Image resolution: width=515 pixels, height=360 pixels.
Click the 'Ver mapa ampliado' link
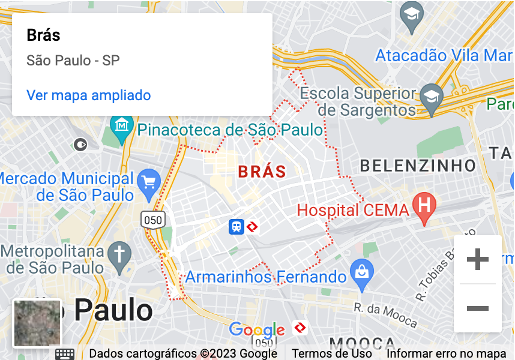coord(89,95)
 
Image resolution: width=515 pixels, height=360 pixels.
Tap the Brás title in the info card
coord(44,35)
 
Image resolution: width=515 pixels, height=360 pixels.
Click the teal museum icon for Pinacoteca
coord(122,127)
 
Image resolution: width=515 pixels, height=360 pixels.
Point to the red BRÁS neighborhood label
coord(262,172)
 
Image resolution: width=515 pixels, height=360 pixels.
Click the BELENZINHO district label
coord(418,165)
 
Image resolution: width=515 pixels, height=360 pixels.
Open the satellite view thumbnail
coord(37,323)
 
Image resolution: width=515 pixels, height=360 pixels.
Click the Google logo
coord(256,329)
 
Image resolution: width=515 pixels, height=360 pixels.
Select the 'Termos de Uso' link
coord(332,353)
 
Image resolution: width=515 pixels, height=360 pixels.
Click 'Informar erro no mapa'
coord(447,353)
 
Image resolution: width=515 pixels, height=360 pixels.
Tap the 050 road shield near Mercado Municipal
coord(153,220)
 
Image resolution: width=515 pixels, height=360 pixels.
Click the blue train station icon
coord(236,226)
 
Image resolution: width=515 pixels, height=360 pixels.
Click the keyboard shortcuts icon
coord(65,353)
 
